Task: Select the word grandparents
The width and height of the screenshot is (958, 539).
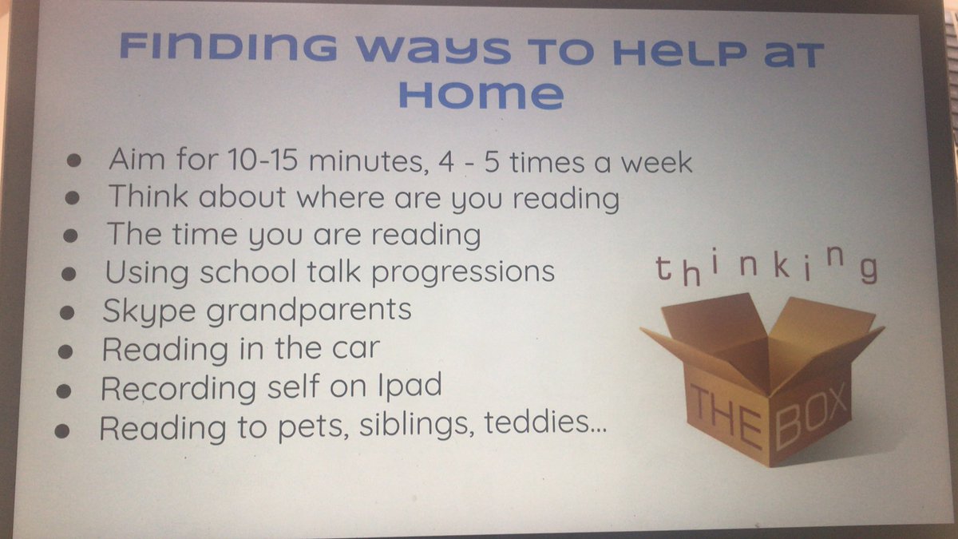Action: coord(308,310)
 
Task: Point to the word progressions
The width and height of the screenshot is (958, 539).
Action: coord(465,271)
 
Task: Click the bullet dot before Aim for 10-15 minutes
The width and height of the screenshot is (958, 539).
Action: coord(74,162)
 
